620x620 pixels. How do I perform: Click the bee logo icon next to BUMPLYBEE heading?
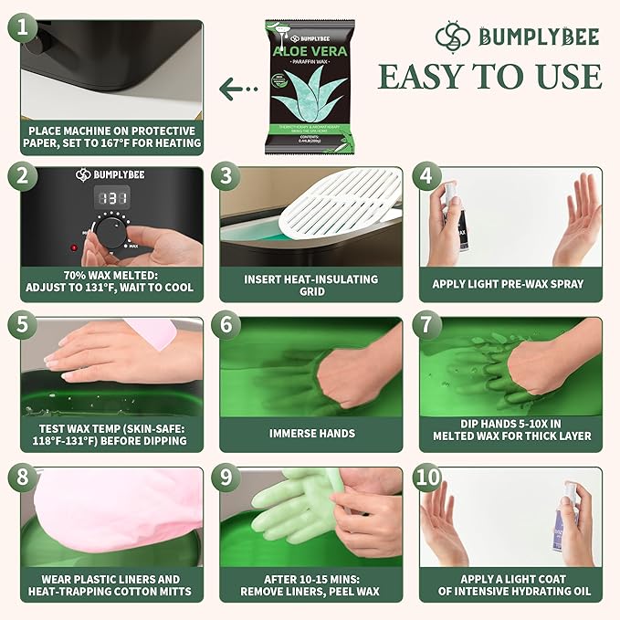453,37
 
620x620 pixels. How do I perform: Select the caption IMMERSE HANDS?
310,433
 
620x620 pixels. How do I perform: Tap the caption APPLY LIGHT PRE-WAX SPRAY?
508,283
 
